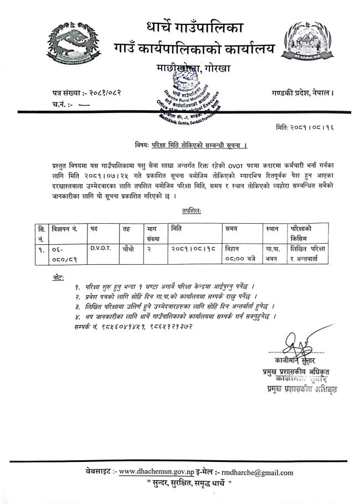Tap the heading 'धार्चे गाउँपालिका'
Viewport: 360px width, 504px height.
[x=187, y=27]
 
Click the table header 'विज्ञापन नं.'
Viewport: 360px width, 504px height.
[x=67, y=228]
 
